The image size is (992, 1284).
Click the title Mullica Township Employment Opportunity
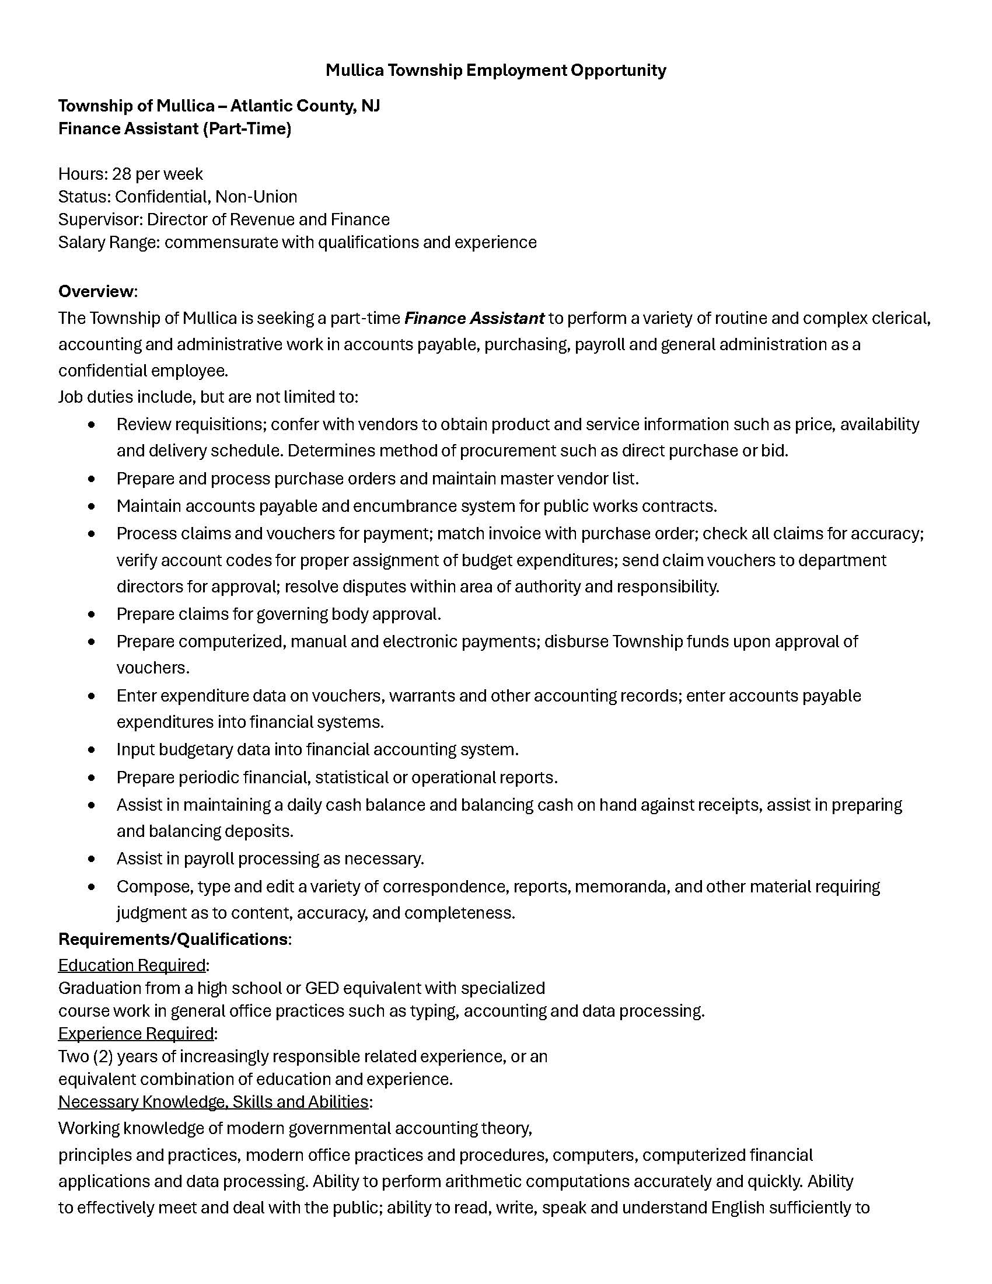coord(495,71)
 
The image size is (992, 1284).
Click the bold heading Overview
coord(96,292)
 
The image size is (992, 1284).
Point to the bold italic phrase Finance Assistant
coord(474,319)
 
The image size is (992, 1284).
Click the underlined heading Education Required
coord(132,965)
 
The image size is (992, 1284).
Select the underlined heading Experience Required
coord(136,1033)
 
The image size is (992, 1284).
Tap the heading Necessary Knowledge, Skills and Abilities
coord(213,1101)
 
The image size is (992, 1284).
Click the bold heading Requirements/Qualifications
coord(173,939)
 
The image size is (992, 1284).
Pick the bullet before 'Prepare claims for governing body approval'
coord(91,615)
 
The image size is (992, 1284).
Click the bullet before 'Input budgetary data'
coord(91,749)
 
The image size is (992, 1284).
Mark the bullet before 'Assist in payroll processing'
coord(91,859)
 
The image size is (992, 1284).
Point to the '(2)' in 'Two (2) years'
coord(103,1056)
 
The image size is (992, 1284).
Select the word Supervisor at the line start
coord(99,220)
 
